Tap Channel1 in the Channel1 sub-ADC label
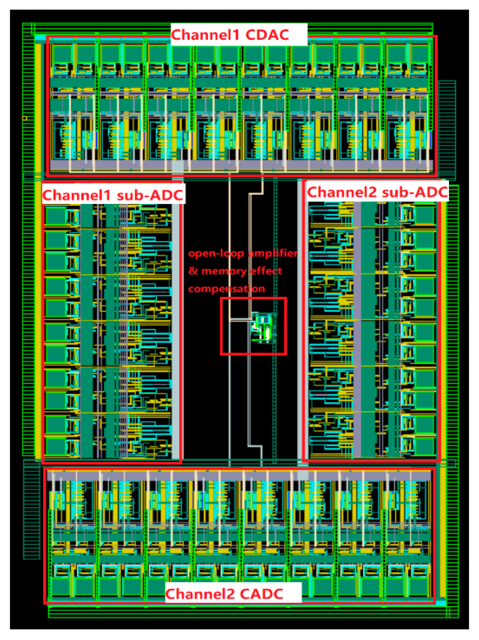(x=76, y=195)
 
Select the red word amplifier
(x=273, y=253)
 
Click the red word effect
(x=266, y=271)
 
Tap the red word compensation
(x=227, y=289)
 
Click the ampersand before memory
(x=193, y=271)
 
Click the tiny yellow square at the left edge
(x=25, y=118)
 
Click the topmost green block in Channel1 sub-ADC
(x=55, y=216)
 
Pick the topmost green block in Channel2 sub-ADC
(x=425, y=215)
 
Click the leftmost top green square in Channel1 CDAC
(x=62, y=54)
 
